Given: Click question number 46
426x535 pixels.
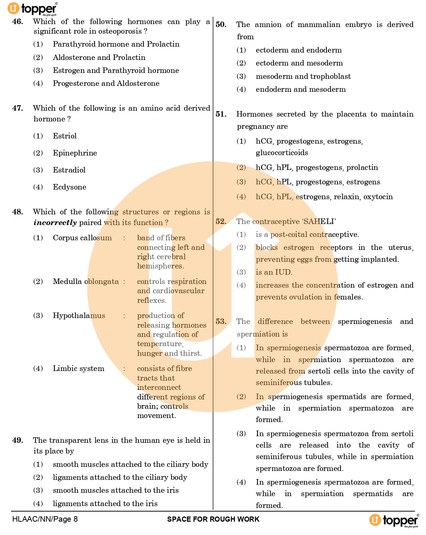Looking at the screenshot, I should [x=17, y=21].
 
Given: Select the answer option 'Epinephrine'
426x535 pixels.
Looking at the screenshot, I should [x=75, y=153].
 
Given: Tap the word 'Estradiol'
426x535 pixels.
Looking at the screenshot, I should [x=69, y=170].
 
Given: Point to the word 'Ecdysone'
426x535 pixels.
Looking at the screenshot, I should [x=70, y=187].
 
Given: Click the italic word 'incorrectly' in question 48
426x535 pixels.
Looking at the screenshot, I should [x=55, y=223].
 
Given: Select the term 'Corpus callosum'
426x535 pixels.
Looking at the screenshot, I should [x=82, y=238].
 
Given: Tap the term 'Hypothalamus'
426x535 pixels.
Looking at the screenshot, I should [x=79, y=315].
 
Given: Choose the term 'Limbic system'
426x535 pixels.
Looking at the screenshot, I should [x=78, y=368].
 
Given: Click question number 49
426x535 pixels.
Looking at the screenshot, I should [x=17, y=440].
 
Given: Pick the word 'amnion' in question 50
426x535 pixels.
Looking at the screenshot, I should [x=269, y=24].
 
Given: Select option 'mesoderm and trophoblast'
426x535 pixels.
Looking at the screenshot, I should [x=303, y=76].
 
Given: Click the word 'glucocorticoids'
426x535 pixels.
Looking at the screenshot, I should [x=282, y=153].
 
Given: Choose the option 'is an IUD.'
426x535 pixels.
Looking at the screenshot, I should [x=274, y=272].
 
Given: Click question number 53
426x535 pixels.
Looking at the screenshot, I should [x=221, y=321].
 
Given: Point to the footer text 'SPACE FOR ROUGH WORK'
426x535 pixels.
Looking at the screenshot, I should [x=213, y=519].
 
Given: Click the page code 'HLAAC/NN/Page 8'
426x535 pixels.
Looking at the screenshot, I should [x=45, y=519].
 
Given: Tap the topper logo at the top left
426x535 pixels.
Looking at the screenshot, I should [x=33, y=9].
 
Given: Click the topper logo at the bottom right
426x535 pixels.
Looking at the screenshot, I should [x=394, y=520].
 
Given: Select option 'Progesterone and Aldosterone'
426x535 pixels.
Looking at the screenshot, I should [x=106, y=83].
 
